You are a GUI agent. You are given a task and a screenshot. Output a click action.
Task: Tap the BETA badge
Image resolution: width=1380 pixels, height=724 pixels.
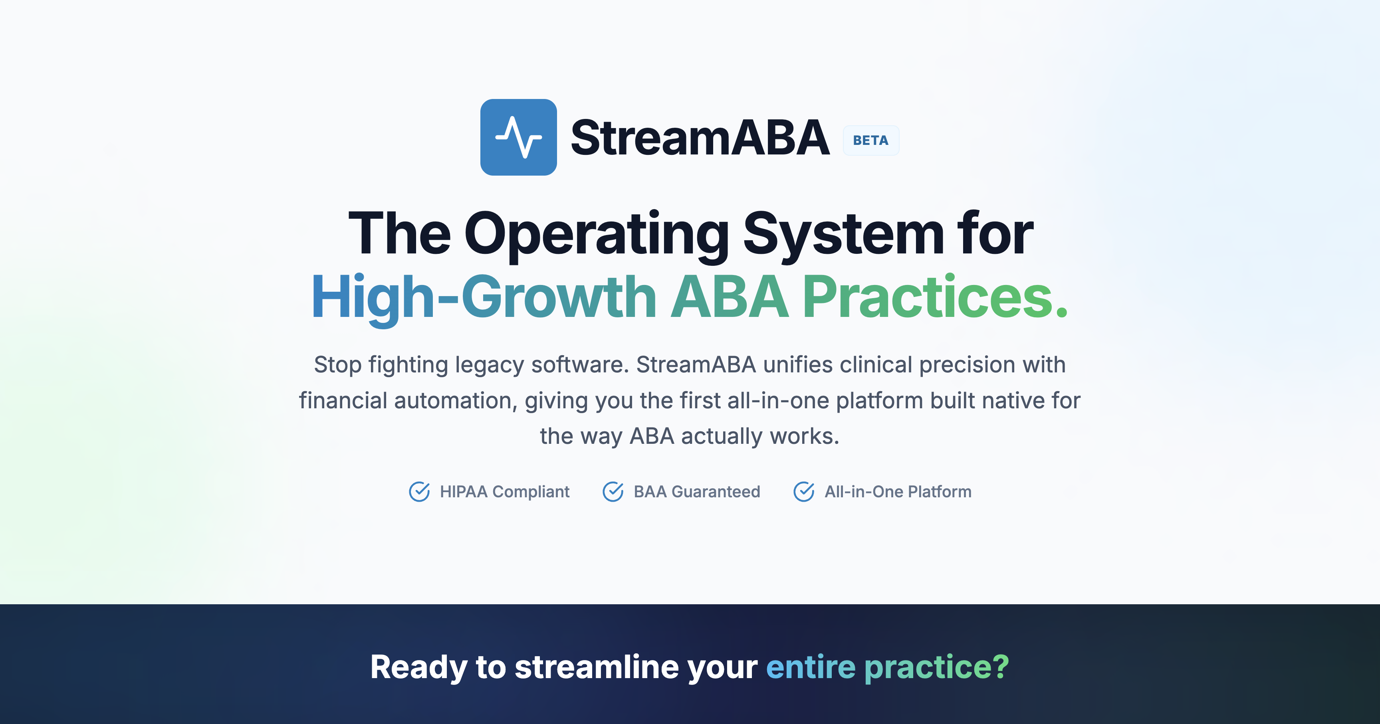[870, 140]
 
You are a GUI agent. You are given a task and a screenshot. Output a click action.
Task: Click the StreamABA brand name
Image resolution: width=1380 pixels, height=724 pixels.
[700, 138]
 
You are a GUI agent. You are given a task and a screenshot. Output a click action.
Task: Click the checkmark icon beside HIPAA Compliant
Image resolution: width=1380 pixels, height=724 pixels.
[419, 492]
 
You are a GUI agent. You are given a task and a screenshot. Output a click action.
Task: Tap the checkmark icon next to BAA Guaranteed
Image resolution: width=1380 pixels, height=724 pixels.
[613, 492]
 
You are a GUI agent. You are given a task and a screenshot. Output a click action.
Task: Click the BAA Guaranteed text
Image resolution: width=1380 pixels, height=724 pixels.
[696, 492]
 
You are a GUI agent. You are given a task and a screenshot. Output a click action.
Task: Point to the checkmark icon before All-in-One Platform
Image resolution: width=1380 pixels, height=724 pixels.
[803, 492]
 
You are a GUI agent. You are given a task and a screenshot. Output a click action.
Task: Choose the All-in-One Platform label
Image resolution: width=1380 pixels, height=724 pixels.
[898, 492]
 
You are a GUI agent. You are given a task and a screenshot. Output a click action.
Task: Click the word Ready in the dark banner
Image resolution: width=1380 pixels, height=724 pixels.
[419, 668]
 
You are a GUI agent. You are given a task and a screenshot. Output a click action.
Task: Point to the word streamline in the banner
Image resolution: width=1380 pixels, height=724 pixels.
[597, 668]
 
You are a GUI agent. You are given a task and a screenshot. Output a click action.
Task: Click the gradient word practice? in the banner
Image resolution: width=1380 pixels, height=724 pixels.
[936, 668]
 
